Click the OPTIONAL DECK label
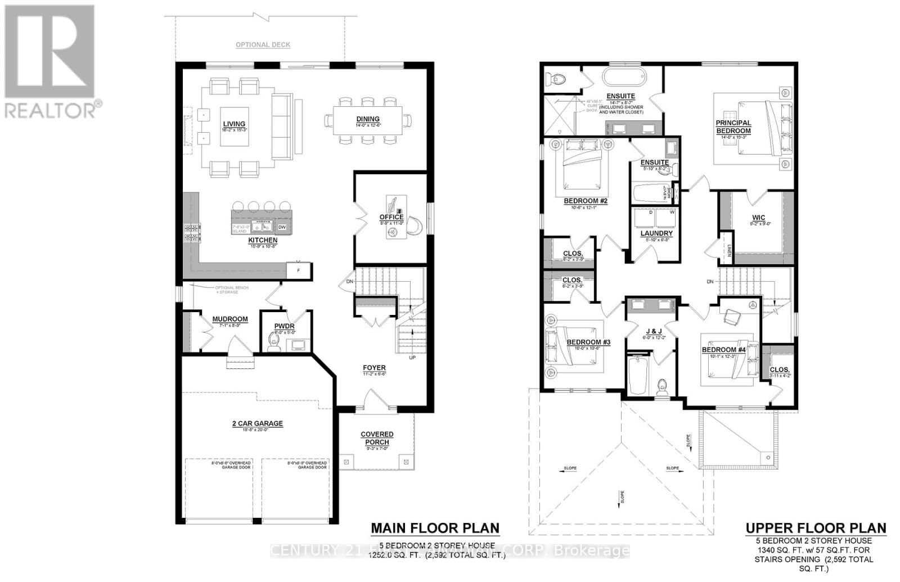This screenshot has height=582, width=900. (x=263, y=44)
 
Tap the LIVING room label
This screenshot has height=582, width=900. (x=234, y=124)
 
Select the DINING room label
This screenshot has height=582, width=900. (x=367, y=119)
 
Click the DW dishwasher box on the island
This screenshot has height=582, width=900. (x=282, y=227)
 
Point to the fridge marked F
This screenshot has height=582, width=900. (x=299, y=270)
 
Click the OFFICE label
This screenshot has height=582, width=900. (x=391, y=217)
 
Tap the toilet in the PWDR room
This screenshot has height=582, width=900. (x=275, y=344)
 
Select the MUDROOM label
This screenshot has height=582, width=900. (x=229, y=319)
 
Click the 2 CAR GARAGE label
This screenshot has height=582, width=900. (x=257, y=423)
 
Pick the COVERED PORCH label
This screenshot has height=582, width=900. (x=377, y=438)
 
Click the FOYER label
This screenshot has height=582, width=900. (x=374, y=368)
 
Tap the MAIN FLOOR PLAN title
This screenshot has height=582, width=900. (x=435, y=528)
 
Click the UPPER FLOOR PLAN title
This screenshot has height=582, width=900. (x=816, y=528)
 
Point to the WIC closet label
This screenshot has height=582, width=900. (x=758, y=218)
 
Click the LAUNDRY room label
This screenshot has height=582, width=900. (x=656, y=233)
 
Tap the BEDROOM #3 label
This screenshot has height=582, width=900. (x=588, y=342)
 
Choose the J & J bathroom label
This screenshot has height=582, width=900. (x=654, y=331)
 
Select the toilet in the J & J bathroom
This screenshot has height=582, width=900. (x=663, y=387)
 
